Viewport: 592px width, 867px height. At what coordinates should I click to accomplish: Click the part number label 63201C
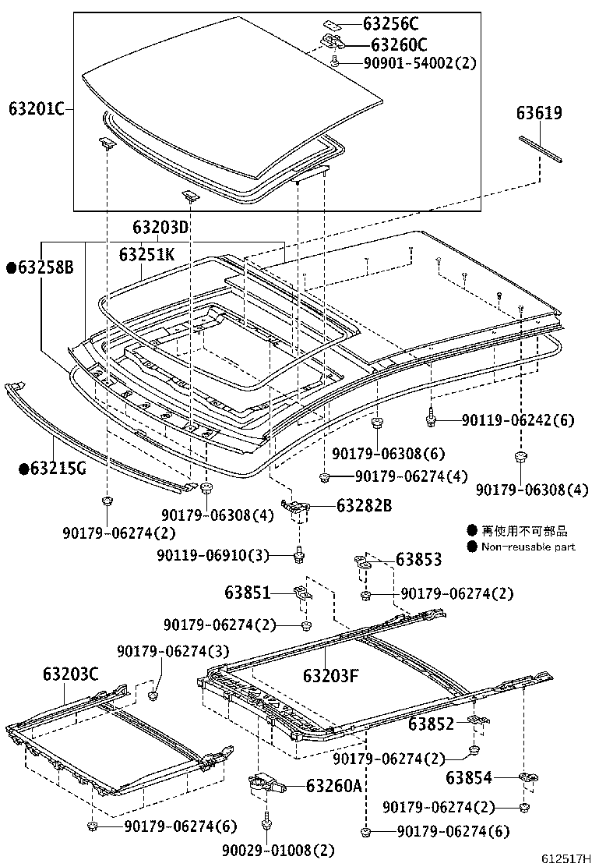pos(36,108)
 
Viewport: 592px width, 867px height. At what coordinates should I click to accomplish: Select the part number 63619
pos(538,114)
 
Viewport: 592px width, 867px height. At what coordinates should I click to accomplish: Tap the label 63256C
pos(394,24)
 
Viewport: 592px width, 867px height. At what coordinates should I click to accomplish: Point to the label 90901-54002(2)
pos(420,63)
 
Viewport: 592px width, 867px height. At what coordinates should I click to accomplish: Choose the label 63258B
pos(40,267)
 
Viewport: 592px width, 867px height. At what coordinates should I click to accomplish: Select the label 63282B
pos(364,505)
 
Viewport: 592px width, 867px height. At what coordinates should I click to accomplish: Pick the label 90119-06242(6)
pos(517,420)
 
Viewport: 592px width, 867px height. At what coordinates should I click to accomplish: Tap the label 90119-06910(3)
pos(213,555)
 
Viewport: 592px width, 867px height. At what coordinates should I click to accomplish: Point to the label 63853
pos(418,559)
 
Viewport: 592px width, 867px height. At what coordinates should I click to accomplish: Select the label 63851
pos(247,593)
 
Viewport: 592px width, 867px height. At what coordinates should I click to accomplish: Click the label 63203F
pos(330,675)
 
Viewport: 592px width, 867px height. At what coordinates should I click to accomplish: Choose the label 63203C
pos(70,673)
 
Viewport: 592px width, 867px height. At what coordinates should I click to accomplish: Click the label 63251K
pos(146,254)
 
